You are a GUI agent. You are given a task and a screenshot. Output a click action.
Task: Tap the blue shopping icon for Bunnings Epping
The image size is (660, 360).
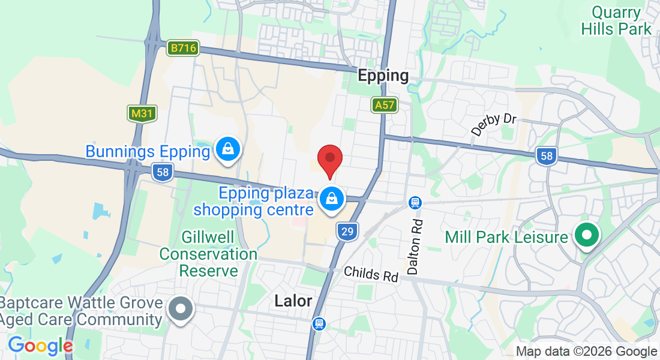pos(228,149)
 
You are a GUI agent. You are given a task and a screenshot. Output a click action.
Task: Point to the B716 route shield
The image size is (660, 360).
pos(183,48)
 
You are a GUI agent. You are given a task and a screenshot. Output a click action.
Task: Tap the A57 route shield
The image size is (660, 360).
pos(383,105)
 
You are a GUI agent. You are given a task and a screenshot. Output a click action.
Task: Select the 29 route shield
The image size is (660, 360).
pos(347,231)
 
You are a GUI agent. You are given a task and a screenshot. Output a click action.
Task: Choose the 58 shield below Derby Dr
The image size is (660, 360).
pos(547,157)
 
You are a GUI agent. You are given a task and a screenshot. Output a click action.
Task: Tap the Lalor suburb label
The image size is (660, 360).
pos(293,301)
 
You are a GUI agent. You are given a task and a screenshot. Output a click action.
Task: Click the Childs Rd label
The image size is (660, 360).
pos(371,274)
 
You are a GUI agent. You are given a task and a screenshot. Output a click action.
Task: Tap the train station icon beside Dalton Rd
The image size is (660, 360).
pos(415,203)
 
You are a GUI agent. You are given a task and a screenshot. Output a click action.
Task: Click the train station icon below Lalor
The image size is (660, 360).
pos(320,324)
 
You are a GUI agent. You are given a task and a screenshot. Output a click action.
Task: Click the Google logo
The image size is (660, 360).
pos(40,346)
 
